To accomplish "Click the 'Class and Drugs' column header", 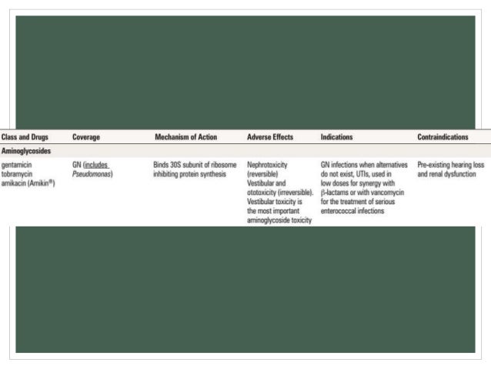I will (25, 137).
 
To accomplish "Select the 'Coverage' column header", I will (88, 137).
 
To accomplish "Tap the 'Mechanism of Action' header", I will (185, 137).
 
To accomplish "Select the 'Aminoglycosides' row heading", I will (26, 151).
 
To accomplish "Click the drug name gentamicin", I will (17, 165).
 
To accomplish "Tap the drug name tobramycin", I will (18, 173).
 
